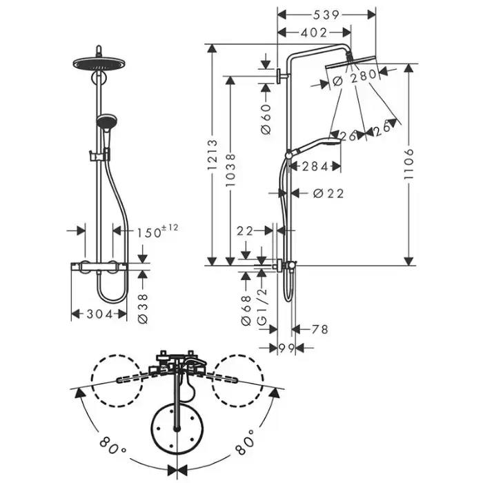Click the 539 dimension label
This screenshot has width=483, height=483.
326,14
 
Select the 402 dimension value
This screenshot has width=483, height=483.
314,32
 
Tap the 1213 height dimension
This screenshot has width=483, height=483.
213,155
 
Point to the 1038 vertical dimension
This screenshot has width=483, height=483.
230,170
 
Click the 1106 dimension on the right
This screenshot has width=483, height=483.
408,164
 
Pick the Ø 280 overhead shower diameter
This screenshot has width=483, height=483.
355,77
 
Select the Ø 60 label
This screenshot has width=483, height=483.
266,119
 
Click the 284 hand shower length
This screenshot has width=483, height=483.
315,167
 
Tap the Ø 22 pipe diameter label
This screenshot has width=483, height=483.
328,193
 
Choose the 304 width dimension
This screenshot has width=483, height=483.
99,314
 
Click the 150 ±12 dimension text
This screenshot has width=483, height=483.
157,231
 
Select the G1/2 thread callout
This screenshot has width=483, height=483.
262,307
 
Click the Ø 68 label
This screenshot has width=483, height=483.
246,310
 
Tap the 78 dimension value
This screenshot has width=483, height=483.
320,329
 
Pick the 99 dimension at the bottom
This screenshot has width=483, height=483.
286,348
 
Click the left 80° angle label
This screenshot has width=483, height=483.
112,445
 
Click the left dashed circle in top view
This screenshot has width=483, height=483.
117,381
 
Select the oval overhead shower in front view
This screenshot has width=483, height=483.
99,63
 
